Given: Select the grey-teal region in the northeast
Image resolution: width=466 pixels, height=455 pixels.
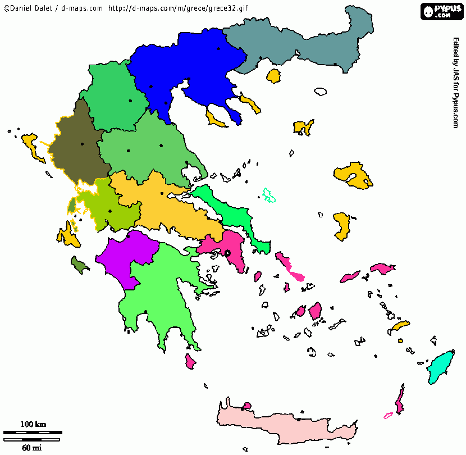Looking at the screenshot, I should tap(303, 42).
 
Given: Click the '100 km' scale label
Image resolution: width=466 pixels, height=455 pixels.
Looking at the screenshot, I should tap(33, 424).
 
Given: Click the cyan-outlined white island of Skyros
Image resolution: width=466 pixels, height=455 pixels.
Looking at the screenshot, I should tap(269, 195).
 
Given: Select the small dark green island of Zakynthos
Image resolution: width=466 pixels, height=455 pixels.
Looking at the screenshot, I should tap(79, 263).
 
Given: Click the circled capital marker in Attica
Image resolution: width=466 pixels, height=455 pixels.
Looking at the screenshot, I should tap(228, 253).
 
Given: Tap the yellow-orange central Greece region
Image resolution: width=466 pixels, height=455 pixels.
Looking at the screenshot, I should tap(168, 205).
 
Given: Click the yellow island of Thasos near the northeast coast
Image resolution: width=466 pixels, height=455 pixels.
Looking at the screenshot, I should tap(274, 76).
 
